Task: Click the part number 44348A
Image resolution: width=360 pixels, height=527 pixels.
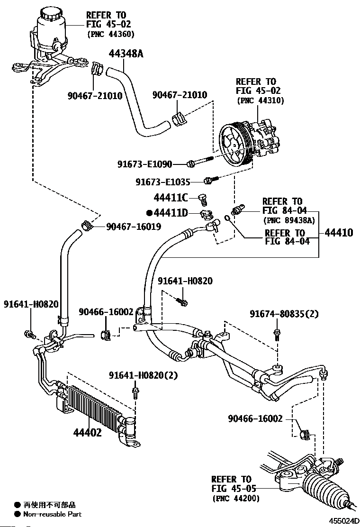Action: pyautogui.click(x=126, y=53)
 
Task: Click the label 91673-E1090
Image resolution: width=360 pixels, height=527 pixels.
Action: pyautogui.click(x=145, y=164)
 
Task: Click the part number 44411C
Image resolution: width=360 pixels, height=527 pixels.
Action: pyautogui.click(x=171, y=198)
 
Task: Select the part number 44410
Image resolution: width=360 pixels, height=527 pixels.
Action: pyautogui.click(x=339, y=232)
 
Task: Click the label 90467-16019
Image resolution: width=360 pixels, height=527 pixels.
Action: pyautogui.click(x=134, y=227)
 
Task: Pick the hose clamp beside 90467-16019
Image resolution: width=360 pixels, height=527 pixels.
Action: pyautogui.click(x=87, y=224)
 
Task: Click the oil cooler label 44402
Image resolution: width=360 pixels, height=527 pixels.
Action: pyautogui.click(x=87, y=433)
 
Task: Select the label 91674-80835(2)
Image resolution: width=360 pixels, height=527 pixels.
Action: pyautogui.click(x=284, y=314)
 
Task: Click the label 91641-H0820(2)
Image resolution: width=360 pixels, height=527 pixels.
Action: pyautogui.click(x=143, y=375)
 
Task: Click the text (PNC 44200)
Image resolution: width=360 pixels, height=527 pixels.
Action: pyautogui.click(x=236, y=498)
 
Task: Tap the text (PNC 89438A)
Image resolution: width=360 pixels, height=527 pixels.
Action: pyautogui.click(x=289, y=220)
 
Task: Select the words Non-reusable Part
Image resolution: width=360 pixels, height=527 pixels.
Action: pyautogui.click(x=53, y=514)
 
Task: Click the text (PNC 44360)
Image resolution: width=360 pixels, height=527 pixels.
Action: pyautogui.click(x=111, y=34)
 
